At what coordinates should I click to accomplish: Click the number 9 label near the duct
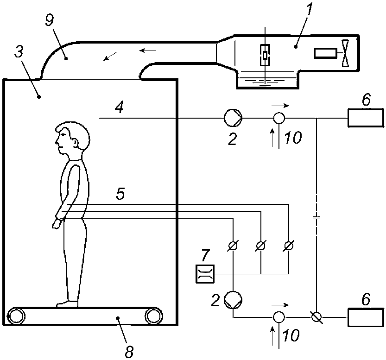click(50, 21)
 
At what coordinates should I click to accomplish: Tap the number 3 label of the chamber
click(19, 52)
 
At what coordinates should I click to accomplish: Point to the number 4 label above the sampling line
click(120, 107)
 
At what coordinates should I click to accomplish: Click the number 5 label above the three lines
click(120, 194)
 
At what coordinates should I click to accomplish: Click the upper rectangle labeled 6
click(366, 118)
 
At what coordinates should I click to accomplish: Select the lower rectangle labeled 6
click(366, 317)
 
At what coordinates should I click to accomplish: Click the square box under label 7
click(205, 274)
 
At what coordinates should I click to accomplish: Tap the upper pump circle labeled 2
click(233, 118)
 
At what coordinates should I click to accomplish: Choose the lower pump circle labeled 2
click(233, 300)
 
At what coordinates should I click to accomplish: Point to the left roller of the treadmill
click(16, 316)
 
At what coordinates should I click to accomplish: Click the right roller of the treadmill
click(154, 316)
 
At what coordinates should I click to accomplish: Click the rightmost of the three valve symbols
click(289, 246)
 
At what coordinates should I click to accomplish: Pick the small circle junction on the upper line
click(279, 118)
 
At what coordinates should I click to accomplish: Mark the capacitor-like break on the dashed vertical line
click(316, 217)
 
